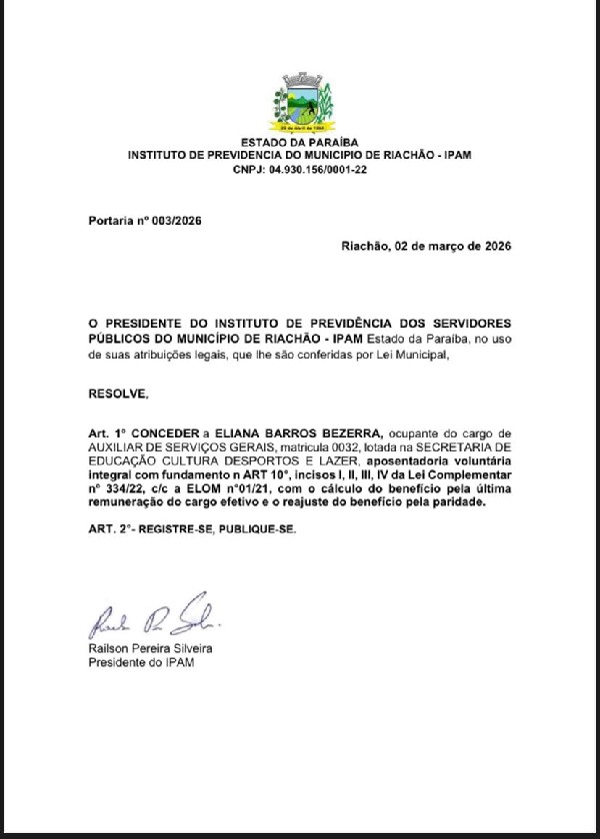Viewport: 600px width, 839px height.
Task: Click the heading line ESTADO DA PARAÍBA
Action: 300,143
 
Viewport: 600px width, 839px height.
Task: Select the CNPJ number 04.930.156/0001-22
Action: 317,171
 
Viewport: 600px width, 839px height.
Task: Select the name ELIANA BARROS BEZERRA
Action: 317,431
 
